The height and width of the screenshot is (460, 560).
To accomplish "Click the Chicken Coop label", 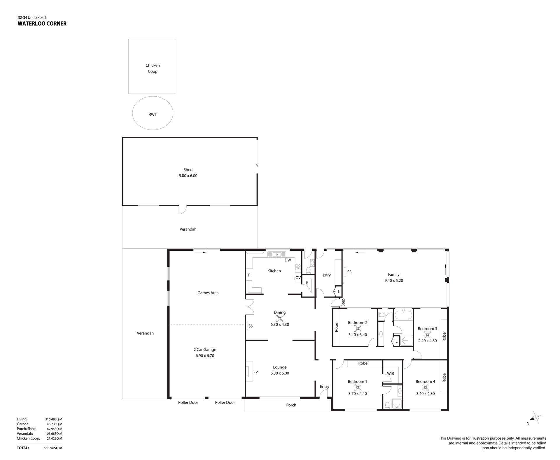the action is coord(153,68).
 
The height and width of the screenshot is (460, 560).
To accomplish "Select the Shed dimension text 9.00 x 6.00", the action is coord(188,176).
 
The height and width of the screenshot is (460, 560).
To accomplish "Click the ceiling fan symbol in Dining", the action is coord(280,318).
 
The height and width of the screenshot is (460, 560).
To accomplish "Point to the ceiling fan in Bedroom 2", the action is coord(358,328).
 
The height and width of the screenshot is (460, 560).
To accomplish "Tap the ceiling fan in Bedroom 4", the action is coord(426,388).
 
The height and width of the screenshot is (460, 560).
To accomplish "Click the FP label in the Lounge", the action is coord(256,372).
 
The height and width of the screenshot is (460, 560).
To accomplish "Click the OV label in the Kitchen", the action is coord(298,278).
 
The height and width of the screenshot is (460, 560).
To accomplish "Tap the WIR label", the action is coord(391,374).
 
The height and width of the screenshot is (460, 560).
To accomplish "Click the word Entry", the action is coord(324,387).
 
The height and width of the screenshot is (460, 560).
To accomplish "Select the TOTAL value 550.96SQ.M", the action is coord(51,448).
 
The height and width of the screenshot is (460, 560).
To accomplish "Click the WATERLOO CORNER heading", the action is coord(42,24).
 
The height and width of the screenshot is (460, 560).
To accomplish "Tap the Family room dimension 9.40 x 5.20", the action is coord(394,281).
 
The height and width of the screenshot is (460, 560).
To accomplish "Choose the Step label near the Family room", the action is coord(343,302).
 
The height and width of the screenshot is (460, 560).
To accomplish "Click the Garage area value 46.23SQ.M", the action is coord(55,424).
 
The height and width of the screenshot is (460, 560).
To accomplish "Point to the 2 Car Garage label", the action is coord(205,350).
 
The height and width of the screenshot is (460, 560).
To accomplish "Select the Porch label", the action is coord(291,405).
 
